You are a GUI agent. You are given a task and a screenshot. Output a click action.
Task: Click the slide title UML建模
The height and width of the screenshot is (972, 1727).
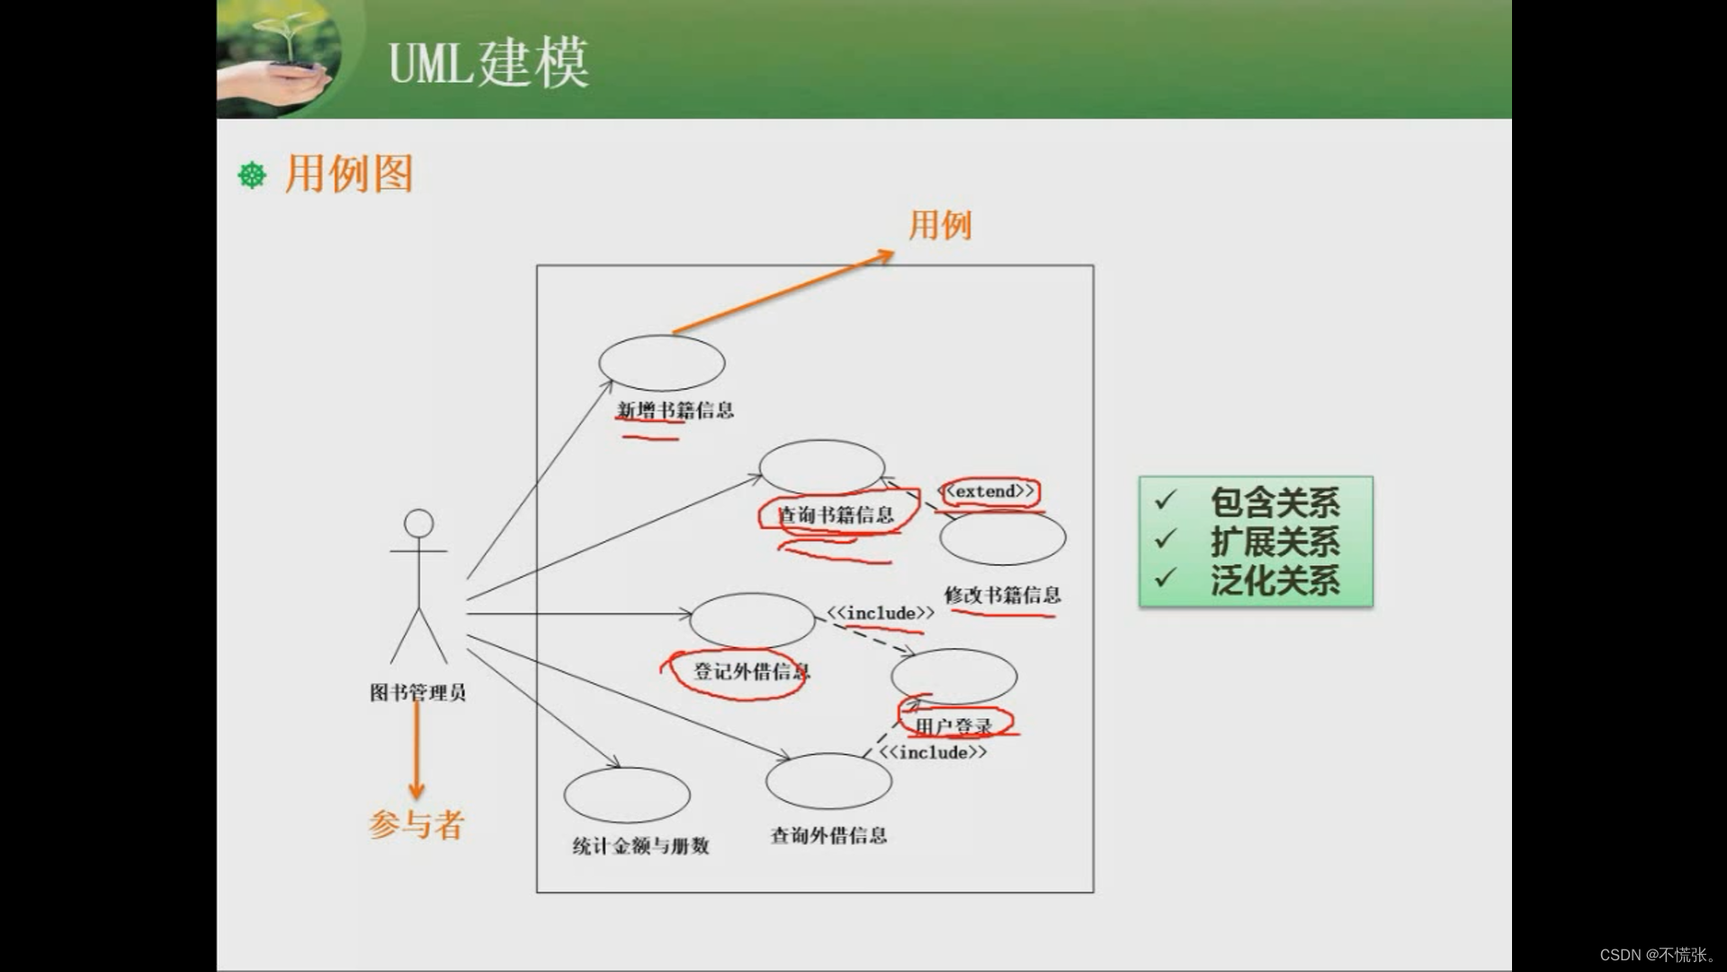pyautogui.click(x=488, y=63)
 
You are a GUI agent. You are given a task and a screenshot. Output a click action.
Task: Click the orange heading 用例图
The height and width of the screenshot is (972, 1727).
pyautogui.click(x=349, y=174)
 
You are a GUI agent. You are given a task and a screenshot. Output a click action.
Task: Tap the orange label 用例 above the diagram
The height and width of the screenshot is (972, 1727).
pyautogui.click(x=940, y=225)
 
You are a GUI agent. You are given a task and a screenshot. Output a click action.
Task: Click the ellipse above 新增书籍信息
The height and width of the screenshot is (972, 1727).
pyautogui.click(x=662, y=363)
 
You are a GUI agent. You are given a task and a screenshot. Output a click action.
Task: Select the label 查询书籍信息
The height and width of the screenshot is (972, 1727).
pyautogui.click(x=836, y=516)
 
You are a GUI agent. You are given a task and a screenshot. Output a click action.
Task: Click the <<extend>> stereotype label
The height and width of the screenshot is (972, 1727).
pyautogui.click(x=990, y=491)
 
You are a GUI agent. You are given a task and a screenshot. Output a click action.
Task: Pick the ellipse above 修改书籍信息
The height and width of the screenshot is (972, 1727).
pyautogui.click(x=1003, y=538)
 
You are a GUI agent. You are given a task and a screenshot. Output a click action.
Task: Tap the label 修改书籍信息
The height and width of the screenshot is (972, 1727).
pyautogui.click(x=1002, y=595)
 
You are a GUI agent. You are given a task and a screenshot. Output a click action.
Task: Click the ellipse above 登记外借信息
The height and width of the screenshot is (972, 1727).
pyautogui.click(x=752, y=620)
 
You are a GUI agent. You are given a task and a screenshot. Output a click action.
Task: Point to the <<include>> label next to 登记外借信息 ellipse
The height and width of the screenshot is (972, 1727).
pyautogui.click(x=881, y=614)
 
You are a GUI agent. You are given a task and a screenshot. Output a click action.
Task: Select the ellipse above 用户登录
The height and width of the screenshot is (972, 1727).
pyautogui.click(x=954, y=677)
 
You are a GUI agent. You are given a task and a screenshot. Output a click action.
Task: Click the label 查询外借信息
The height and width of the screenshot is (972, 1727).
pyautogui.click(x=828, y=836)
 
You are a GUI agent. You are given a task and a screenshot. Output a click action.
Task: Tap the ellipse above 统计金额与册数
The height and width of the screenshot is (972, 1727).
pyautogui.click(x=627, y=795)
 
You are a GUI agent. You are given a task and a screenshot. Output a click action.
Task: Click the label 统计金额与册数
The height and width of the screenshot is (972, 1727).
pyautogui.click(x=641, y=846)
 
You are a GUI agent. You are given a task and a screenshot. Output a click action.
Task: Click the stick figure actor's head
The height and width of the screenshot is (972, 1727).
pyautogui.click(x=419, y=523)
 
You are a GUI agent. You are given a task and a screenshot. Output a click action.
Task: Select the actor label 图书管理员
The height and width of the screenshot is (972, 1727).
pyautogui.click(x=418, y=693)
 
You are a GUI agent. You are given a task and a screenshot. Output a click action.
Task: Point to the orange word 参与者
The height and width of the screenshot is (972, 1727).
pyautogui.click(x=416, y=824)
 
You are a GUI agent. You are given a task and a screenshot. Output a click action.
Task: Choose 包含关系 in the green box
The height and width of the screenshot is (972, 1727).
pyautogui.click(x=1275, y=502)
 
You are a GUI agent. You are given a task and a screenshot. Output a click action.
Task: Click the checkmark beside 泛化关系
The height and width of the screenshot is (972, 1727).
pyautogui.click(x=1166, y=577)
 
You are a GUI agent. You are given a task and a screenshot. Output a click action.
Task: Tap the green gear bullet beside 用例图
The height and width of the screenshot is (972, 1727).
pyautogui.click(x=252, y=175)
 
